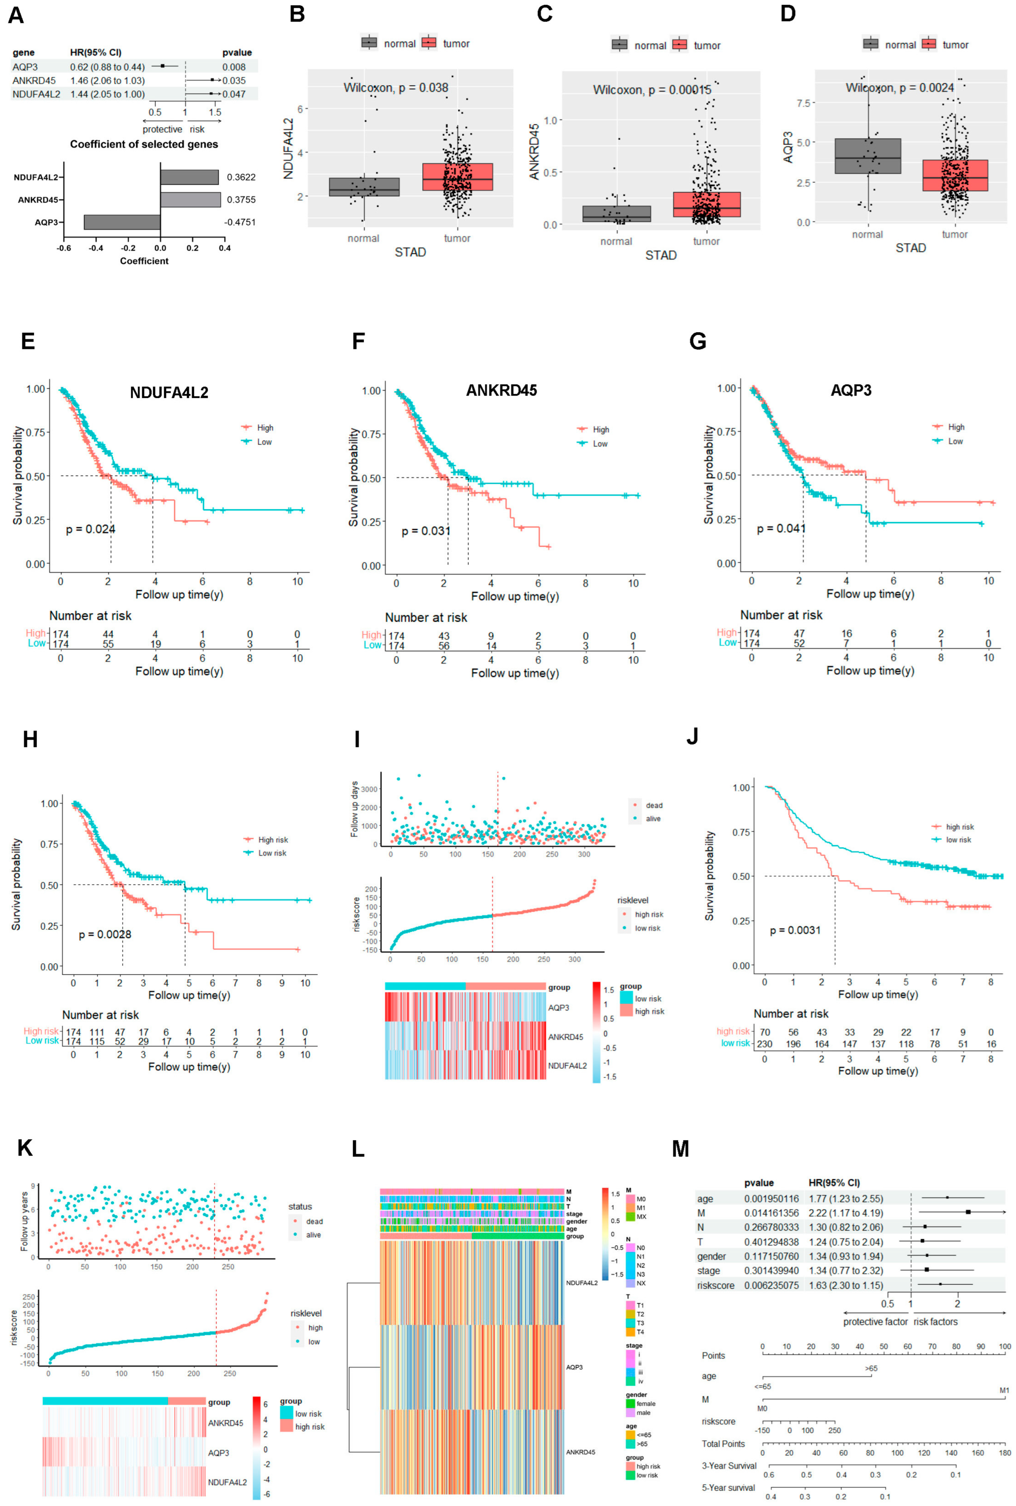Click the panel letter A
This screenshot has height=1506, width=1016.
click(15, 15)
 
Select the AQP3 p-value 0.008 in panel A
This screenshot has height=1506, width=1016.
click(234, 67)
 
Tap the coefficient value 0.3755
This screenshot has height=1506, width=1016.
click(241, 200)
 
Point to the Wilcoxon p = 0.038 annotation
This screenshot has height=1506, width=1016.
click(396, 87)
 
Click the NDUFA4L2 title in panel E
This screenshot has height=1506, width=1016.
click(169, 393)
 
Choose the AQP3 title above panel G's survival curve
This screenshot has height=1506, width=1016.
click(851, 390)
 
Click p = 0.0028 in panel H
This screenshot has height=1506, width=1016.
click(105, 934)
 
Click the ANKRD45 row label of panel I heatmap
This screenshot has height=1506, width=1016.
click(565, 1037)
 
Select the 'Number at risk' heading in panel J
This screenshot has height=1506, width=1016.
click(791, 1014)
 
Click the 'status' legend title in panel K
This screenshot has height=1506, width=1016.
click(300, 1207)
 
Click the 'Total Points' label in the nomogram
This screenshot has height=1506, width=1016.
click(723, 1444)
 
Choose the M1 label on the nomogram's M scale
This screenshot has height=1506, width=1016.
click(1004, 1391)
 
